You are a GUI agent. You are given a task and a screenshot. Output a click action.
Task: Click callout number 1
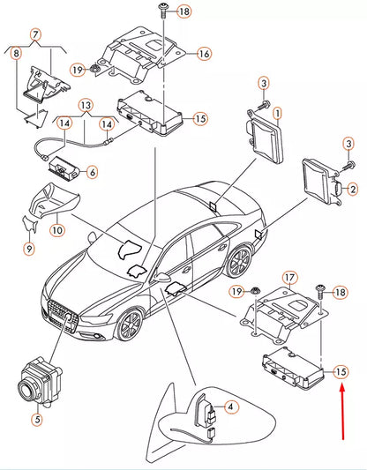[277, 114]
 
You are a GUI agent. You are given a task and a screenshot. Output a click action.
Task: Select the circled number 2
[351, 189]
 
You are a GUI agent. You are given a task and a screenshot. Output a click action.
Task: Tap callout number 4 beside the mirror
[229, 407]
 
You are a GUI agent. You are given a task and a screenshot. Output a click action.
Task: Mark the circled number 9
[29, 250]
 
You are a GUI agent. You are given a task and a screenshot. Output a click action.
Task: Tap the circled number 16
[204, 54]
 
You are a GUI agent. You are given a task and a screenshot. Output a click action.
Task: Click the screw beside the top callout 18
[165, 11]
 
